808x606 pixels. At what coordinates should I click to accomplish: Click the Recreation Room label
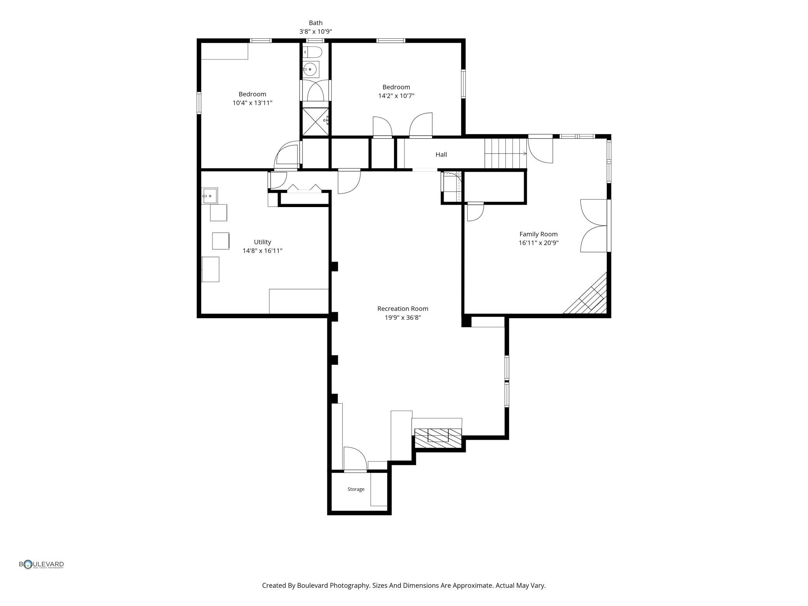[x=402, y=309]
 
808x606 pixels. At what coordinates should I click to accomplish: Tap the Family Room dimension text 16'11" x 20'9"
[x=538, y=243]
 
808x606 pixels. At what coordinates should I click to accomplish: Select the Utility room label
[x=263, y=242]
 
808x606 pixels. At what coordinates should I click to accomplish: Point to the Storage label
[x=356, y=489]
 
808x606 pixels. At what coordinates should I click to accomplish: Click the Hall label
[x=441, y=155]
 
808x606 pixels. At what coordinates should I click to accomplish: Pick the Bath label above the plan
[x=315, y=23]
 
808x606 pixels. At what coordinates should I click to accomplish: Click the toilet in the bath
[x=312, y=52]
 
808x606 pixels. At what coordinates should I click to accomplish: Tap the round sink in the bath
[x=310, y=69]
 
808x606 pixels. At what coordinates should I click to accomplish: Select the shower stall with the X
[x=315, y=121]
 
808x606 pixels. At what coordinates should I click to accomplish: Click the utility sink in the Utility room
[x=209, y=196]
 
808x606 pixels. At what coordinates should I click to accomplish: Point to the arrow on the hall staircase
[x=506, y=153]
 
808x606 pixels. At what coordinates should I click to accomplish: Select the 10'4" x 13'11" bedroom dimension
[x=252, y=103]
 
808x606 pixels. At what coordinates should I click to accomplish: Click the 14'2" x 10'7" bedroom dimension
[x=396, y=96]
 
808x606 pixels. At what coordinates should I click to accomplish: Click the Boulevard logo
[x=42, y=564]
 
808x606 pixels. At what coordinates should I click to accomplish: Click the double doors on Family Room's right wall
[x=594, y=226]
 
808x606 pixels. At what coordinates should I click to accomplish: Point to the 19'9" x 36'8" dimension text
[x=402, y=318]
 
